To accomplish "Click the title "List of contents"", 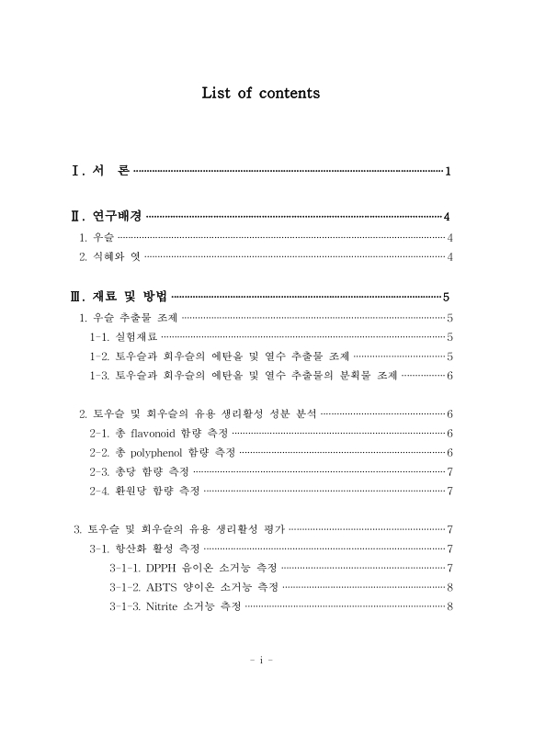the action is [260, 93].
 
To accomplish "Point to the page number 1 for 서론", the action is [448, 172].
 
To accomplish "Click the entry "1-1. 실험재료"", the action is [123, 336].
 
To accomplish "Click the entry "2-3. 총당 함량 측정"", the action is [139, 471].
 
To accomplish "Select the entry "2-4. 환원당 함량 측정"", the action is [144, 491].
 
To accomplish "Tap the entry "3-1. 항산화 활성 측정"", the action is [144, 548].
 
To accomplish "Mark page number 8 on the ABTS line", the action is [449, 586].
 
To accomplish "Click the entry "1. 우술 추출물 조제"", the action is [128, 318].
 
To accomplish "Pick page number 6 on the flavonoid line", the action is [449, 432].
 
